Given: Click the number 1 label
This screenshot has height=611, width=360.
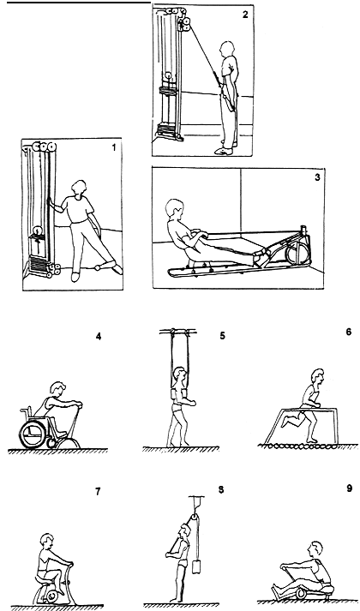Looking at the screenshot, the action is (x=114, y=147).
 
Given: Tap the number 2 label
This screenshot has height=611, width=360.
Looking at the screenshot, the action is (x=245, y=15).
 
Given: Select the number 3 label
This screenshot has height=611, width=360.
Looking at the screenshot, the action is (x=317, y=177).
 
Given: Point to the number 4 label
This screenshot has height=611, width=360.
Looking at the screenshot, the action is (x=99, y=336).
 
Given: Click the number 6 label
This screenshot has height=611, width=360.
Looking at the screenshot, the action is (x=348, y=332).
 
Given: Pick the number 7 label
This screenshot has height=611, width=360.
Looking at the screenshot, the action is (x=98, y=492).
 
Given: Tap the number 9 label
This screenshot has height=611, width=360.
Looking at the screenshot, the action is (x=349, y=488).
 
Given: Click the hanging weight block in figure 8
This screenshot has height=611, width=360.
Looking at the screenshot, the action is (x=196, y=566).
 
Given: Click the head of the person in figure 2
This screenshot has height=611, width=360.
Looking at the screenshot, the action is (x=227, y=50).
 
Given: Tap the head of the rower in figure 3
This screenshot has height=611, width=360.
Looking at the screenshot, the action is (x=175, y=209).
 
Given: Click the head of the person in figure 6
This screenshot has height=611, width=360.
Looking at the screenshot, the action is (x=317, y=377).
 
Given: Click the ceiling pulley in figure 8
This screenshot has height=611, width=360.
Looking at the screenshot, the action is (x=193, y=519).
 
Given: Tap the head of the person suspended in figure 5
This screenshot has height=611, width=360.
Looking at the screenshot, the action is (x=180, y=374).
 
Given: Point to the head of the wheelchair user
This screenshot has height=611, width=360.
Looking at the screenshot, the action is (x=57, y=390).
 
